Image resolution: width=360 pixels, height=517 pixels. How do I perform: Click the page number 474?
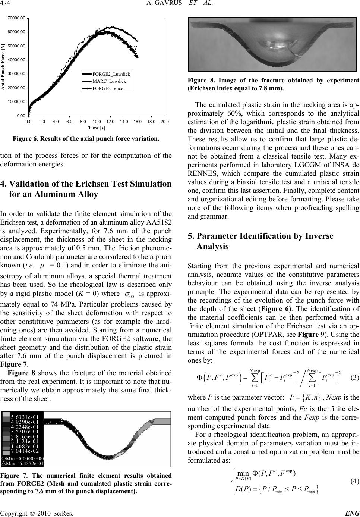tap(7, 4)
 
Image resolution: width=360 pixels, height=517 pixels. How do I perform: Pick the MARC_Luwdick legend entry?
tap(109, 81)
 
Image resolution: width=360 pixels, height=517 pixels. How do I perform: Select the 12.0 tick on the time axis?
tap(110, 122)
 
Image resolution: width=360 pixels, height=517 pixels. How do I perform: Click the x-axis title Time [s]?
tap(96, 128)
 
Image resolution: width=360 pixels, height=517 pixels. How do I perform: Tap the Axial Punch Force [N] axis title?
tap(4, 67)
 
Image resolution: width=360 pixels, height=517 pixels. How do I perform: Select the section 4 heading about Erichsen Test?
tap(86, 189)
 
